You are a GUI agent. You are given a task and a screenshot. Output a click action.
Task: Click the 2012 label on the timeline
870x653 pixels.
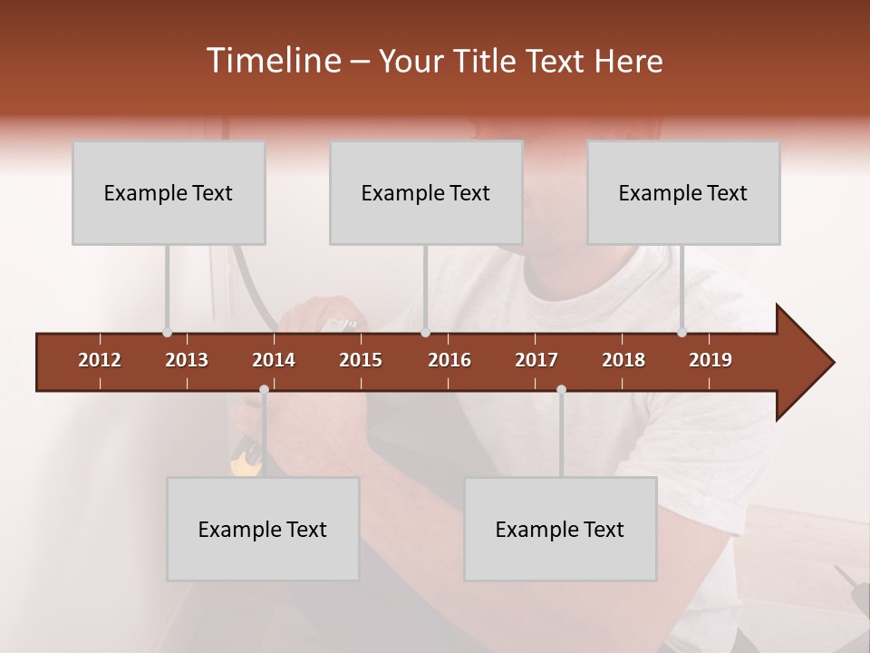pyautogui.click(x=100, y=360)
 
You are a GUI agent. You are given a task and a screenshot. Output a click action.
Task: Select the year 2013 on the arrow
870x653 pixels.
pyautogui.click(x=187, y=360)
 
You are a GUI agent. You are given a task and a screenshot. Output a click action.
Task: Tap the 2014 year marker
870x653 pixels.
pyautogui.click(x=274, y=360)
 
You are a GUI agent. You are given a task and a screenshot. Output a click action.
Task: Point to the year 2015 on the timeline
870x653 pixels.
pyautogui.click(x=361, y=360)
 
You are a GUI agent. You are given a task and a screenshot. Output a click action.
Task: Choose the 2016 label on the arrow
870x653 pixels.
pyautogui.click(x=449, y=360)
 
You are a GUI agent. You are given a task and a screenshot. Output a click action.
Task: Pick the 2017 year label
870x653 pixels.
pyautogui.click(x=536, y=360)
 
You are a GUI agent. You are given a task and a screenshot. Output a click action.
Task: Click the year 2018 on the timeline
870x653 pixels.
pyautogui.click(x=623, y=360)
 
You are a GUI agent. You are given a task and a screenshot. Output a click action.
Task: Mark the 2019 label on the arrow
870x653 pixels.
pyautogui.click(x=710, y=360)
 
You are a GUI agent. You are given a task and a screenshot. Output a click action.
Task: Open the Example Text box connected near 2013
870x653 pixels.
pyautogui.click(x=169, y=192)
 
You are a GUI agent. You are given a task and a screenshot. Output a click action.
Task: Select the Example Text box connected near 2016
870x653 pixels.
pyautogui.click(x=426, y=192)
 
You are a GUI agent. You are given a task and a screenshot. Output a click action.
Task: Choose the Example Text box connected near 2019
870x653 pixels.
pyautogui.click(x=683, y=192)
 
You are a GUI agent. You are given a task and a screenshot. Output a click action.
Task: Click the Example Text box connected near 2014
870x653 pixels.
pyautogui.click(x=263, y=529)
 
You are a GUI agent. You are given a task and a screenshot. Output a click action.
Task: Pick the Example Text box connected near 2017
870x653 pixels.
pyautogui.click(x=560, y=529)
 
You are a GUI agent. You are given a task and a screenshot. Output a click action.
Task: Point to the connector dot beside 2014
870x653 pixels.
pyautogui.click(x=264, y=390)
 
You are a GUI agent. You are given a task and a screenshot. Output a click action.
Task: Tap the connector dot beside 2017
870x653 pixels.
pyautogui.click(x=561, y=390)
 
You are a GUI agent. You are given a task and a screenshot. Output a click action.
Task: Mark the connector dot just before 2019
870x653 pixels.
pyautogui.click(x=682, y=333)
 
